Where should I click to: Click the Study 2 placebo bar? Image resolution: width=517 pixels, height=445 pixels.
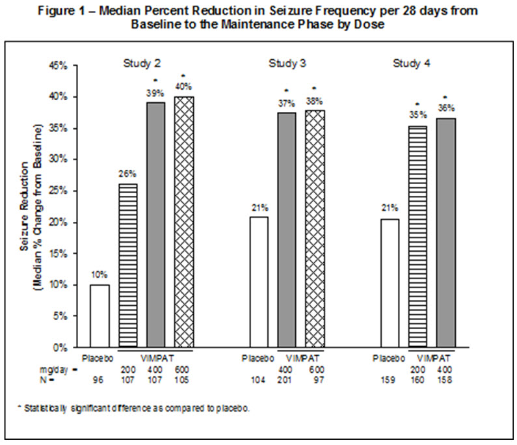click(99, 316)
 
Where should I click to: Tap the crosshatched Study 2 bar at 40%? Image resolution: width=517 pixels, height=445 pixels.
click(184, 221)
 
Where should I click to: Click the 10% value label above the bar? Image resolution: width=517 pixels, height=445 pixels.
click(99, 275)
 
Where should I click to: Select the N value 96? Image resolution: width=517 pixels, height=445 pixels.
click(100, 379)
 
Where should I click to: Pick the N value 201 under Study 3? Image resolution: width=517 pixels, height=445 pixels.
click(286, 379)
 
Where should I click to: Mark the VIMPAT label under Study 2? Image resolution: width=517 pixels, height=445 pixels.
click(156, 358)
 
